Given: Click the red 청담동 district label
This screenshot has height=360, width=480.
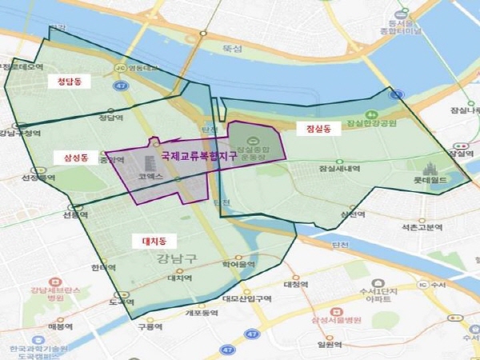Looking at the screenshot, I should (81, 82).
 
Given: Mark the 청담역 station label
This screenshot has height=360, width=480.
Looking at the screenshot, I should (110, 117).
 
